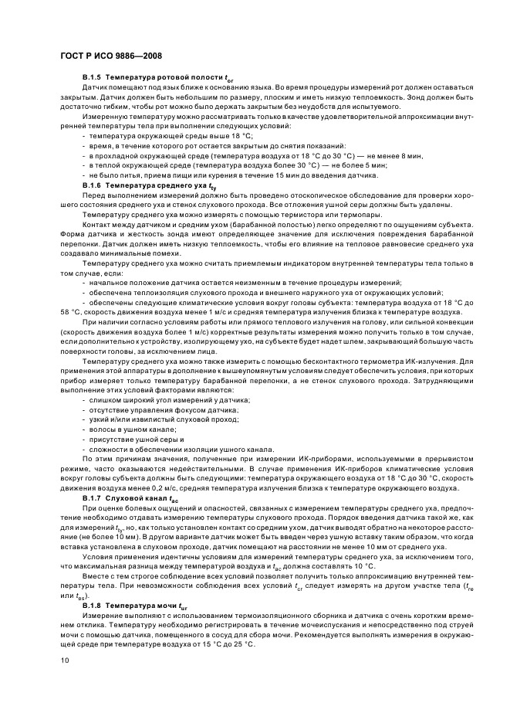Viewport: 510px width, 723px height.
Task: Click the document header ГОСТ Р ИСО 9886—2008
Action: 111,56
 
